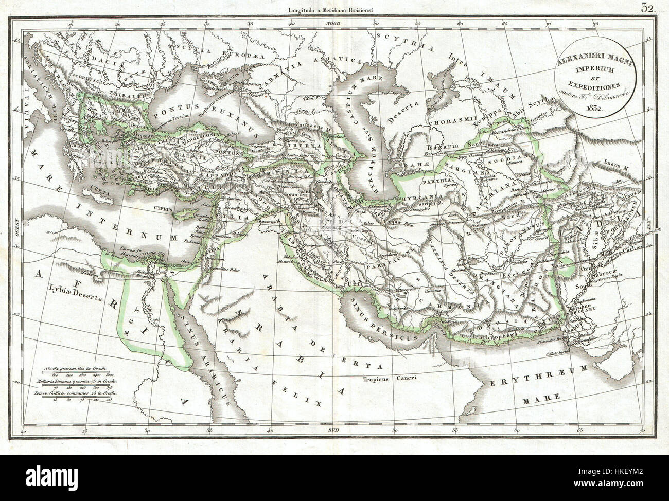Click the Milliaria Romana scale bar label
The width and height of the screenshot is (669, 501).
[x=80, y=381]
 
